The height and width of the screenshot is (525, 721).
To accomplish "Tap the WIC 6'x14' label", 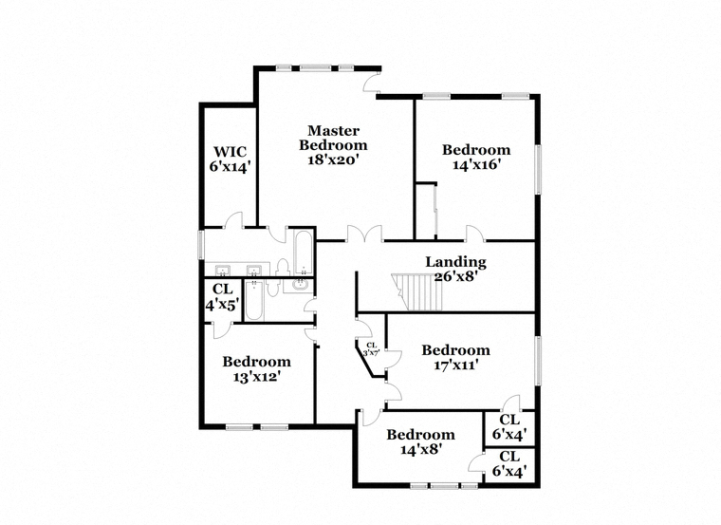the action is pos(230,159).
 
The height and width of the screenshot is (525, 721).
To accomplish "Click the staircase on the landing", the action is pos(417,292).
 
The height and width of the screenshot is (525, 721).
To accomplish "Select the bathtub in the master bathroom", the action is pos(304,253).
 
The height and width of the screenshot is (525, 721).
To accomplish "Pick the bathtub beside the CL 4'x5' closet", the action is pos(254,300).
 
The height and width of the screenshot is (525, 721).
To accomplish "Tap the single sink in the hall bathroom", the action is pos(300,285).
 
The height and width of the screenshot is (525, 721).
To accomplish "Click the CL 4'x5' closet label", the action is pos(223,297).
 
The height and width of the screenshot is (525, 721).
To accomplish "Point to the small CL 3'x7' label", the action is pos(372,349).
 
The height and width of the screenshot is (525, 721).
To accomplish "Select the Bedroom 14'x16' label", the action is pos(476,157).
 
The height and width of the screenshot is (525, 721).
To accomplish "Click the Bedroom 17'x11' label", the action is pos(456,358).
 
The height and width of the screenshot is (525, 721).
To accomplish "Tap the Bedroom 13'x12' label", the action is pos(256,369).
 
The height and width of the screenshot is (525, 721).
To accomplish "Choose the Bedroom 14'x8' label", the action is pos(420,441).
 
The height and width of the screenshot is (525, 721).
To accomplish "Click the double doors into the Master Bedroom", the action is pos(364,234).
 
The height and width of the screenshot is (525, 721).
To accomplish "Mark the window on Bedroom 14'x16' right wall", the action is pos(538,168).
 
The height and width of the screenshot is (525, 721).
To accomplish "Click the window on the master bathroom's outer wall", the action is pos(201,244).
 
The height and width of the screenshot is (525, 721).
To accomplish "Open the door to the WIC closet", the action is pos(233,220).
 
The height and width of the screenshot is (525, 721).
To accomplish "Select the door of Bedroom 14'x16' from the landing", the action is pos(475,233).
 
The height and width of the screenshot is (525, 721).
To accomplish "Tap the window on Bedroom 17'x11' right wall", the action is pos(538,360).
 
